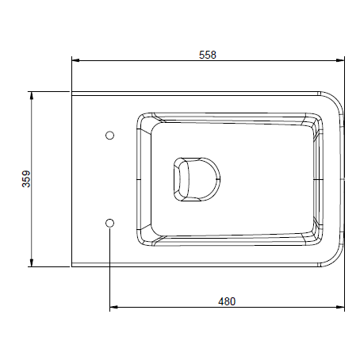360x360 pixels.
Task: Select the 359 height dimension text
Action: point(25,179)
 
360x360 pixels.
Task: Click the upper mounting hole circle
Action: point(110,135)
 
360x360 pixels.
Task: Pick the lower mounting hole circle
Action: point(110,222)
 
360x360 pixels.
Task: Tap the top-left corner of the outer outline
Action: point(72,92)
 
